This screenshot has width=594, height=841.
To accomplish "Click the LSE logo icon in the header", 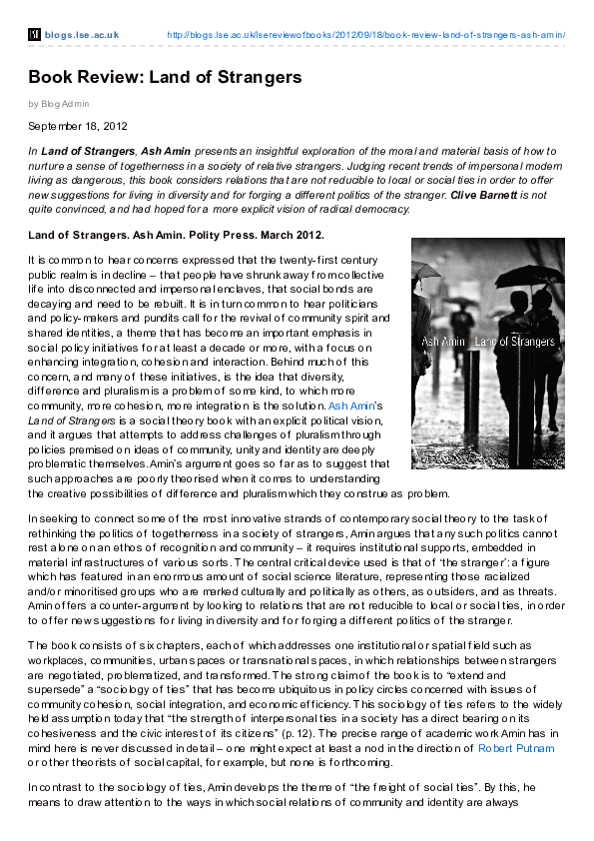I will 34,35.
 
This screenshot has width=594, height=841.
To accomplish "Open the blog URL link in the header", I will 365,35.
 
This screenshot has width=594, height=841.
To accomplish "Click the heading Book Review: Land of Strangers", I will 165,77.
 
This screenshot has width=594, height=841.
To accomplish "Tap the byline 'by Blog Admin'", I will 59,103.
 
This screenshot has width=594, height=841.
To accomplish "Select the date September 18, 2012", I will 78,126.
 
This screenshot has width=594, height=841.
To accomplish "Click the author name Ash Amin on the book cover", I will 442,343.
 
